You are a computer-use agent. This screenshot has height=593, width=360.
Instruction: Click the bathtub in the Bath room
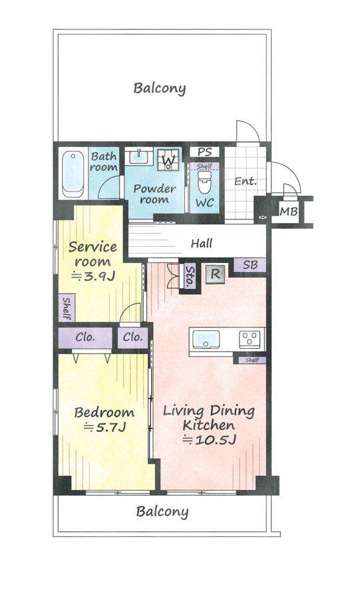pyautogui.click(x=73, y=174)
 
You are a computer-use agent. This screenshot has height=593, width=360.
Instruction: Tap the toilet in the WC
pyautogui.click(x=204, y=182)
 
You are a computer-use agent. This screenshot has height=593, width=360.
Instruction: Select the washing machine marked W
pyautogui.click(x=168, y=159)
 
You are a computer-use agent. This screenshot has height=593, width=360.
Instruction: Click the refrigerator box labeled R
pyautogui.click(x=215, y=274)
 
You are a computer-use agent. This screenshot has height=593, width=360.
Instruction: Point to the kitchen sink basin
pyautogui.click(x=206, y=339)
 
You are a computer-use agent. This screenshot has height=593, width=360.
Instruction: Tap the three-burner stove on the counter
pyautogui.click(x=250, y=339)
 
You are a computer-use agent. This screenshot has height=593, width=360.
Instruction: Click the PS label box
pyautogui.click(x=204, y=152)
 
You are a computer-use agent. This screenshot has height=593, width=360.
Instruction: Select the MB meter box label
pyautogui.click(x=289, y=212)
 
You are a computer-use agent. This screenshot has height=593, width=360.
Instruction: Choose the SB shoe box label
pyautogui.click(x=250, y=265)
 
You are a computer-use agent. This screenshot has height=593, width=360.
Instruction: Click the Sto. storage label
pyautogui.click(x=190, y=276)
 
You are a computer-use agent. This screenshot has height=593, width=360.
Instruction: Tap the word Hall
pyautogui.click(x=202, y=243)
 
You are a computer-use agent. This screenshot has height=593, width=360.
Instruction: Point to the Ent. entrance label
pyautogui.click(x=246, y=181)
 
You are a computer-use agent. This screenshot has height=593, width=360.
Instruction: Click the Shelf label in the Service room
pyautogui.click(x=67, y=308)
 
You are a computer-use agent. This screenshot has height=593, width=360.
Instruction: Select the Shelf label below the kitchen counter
pyautogui.click(x=252, y=360)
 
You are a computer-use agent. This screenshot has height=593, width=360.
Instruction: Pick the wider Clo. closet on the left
pyautogui.click(x=85, y=337)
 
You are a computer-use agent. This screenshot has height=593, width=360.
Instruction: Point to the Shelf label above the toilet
pyautogui.click(x=204, y=166)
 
